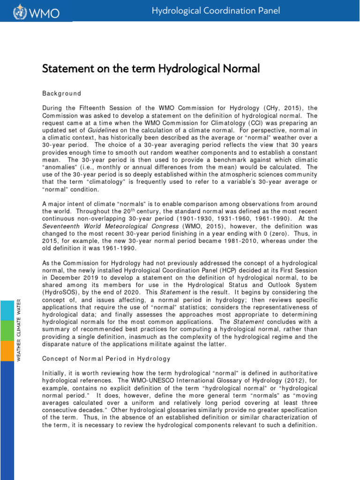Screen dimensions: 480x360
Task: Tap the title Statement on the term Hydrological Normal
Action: (150, 69)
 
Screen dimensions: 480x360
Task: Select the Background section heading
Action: (61, 93)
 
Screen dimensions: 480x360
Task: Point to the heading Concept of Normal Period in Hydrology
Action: (106, 359)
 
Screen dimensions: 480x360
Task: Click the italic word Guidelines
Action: (103, 130)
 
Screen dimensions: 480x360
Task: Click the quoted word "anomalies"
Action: (60, 167)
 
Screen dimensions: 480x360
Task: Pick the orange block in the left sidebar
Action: (7, 351)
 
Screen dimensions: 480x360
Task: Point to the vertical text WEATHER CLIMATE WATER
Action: (19, 323)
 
